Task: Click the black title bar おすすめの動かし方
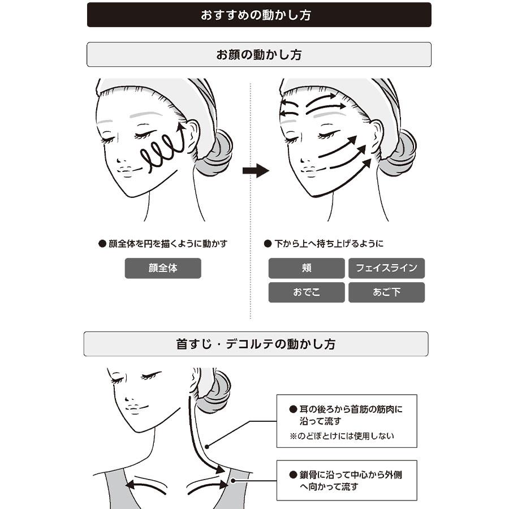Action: [x=259, y=15]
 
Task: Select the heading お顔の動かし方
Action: [x=259, y=54]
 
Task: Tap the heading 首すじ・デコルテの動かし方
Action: [x=256, y=344]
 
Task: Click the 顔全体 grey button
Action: [x=163, y=268]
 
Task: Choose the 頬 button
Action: [x=307, y=268]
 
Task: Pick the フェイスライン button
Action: [x=387, y=268]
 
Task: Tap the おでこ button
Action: [x=307, y=292]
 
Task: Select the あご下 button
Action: [x=387, y=292]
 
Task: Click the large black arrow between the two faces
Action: [x=256, y=170]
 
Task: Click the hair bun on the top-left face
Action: [x=215, y=153]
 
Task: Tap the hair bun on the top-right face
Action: [x=399, y=153]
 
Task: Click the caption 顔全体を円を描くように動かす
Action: [x=168, y=243]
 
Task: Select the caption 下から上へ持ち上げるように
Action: [x=329, y=243]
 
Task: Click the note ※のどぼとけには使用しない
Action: [x=342, y=435]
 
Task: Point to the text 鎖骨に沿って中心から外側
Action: [x=351, y=475]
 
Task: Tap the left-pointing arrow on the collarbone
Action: [x=146, y=485]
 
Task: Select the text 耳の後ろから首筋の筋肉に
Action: [x=351, y=409]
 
